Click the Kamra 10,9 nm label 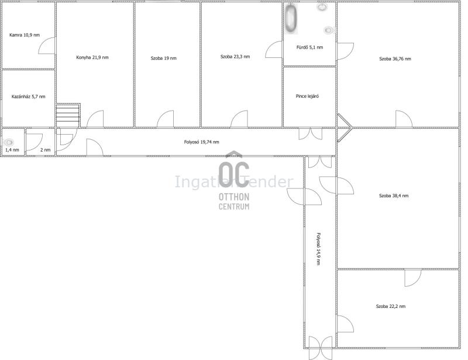[x=25, y=35]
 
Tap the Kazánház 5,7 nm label [x=28, y=97]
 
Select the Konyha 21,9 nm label [x=92, y=57]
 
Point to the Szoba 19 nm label [x=164, y=59]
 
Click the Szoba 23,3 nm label [x=235, y=56]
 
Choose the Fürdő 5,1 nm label [x=309, y=47]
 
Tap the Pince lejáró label [x=307, y=96]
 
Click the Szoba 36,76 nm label [x=395, y=59]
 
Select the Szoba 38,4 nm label [x=394, y=196]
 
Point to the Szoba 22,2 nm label [x=391, y=306]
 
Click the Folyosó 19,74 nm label [x=201, y=142]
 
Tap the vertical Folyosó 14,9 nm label [x=318, y=249]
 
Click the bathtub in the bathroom [x=291, y=19]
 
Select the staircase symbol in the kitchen [x=68, y=115]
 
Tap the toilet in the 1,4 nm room [x=9, y=142]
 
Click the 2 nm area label [x=46, y=150]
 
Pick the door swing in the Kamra [x=47, y=46]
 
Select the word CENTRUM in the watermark [x=234, y=207]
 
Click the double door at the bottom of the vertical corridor [x=320, y=348]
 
